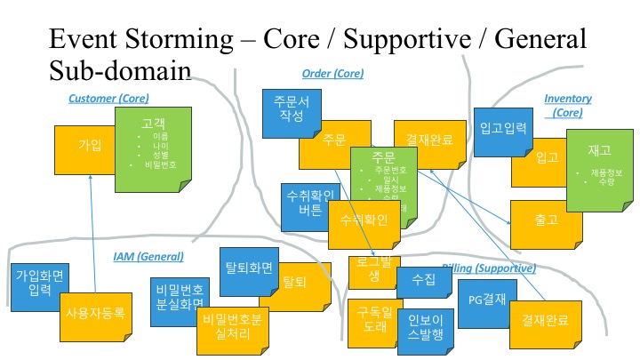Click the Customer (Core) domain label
[108, 98]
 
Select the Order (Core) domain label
[332, 74]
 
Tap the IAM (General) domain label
[148, 256]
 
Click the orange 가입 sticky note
[88, 144]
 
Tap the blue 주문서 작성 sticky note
[291, 109]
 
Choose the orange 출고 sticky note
[546, 224]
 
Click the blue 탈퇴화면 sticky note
[250, 264]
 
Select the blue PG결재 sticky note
[485, 300]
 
